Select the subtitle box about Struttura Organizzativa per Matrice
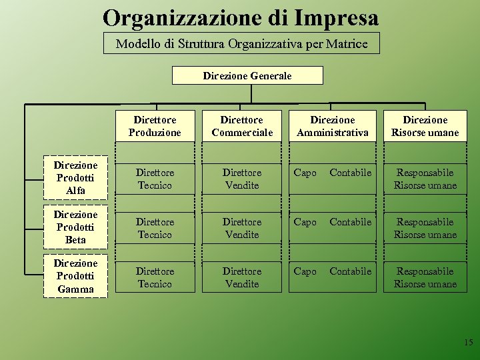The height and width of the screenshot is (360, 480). pos(241,44)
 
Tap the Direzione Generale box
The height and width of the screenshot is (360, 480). pos(247,76)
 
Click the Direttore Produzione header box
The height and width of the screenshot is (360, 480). pos(155,127)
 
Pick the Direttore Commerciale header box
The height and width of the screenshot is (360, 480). pos(242,127)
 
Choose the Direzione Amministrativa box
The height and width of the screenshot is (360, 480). pos(333,127)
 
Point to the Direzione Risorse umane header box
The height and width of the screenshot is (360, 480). pos(425,127)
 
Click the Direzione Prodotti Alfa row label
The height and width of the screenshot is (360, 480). pos(75,178)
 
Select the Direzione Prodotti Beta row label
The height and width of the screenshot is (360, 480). pos(75,227)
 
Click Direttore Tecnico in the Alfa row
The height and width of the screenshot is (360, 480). pos(155,179)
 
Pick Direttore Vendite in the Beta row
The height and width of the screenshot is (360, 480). pos(242,229)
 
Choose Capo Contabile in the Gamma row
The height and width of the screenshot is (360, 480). pos(333,272)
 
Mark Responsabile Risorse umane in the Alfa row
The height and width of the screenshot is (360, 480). pos(425,179)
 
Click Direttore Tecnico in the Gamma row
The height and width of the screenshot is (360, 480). pos(155,278)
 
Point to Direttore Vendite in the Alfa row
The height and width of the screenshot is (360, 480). pos(242,179)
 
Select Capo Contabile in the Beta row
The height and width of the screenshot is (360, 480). pos(333,223)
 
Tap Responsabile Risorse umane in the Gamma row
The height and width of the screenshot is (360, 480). pos(425,278)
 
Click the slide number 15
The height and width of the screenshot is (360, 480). pos(468,343)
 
